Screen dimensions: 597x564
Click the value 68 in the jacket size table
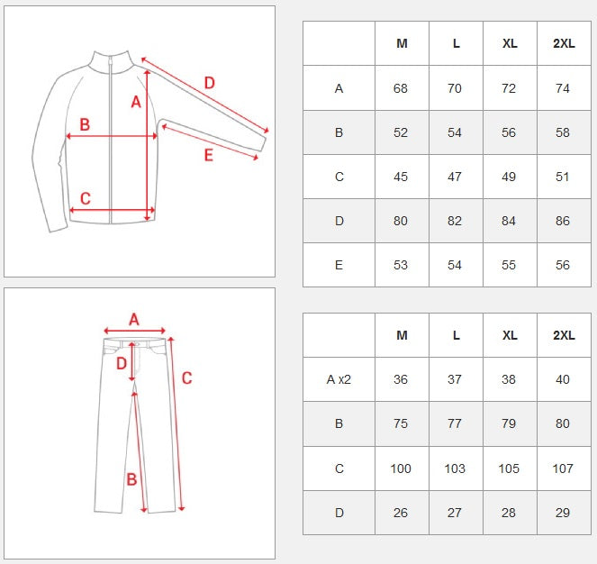pos(401,88)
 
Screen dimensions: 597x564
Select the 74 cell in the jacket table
pos(563,88)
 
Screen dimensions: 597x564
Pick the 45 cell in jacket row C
pos(401,177)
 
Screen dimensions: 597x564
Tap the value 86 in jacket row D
pos(563,221)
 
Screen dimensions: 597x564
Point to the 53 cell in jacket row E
pos(401,265)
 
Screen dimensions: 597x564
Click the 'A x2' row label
pos(339,379)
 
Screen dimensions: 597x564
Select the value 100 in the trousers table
pos(401,468)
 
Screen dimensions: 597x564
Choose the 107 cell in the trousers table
pos(563,468)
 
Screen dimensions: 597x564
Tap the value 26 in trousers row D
pos(401,513)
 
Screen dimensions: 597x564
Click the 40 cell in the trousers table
pos(563,379)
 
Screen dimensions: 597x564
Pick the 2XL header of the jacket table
pos(564,43)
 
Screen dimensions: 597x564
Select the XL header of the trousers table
pos(510,335)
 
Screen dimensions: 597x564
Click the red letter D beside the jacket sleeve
pos(210,83)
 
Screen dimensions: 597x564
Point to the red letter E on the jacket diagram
pos(209,155)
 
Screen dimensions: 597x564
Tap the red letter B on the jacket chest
pos(85,124)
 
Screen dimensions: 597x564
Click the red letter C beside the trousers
pos(186,378)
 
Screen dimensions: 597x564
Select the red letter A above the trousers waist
pos(133,319)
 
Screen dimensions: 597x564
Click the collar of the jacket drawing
pos(111,61)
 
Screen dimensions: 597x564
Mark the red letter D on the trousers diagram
pos(122,364)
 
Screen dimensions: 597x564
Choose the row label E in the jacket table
pos(339,265)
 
